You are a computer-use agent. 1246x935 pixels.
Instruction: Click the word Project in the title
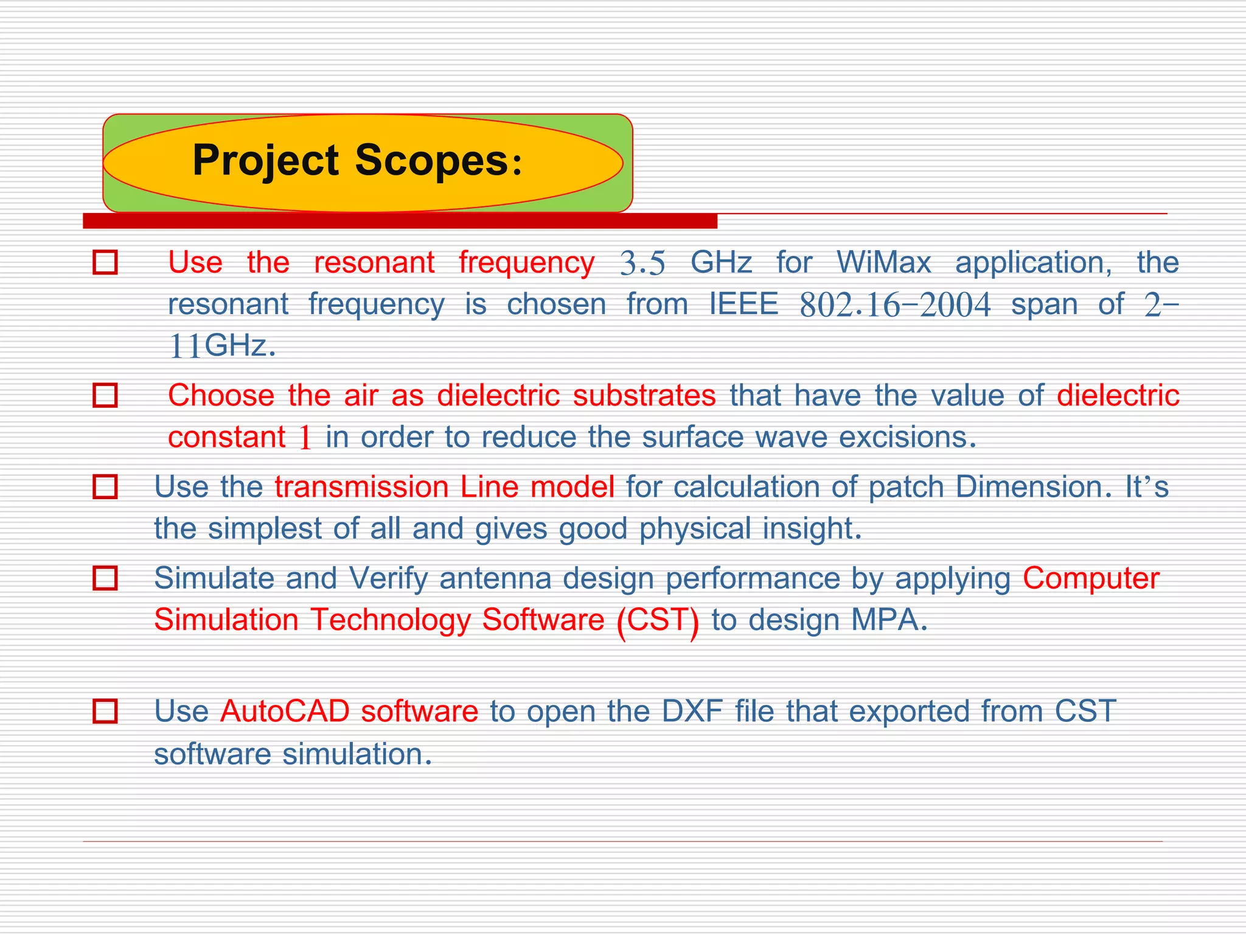click(x=265, y=161)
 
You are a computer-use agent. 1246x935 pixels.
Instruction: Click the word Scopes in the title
click(x=431, y=161)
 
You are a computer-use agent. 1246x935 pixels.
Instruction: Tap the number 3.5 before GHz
click(x=642, y=264)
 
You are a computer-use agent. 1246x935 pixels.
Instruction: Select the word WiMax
click(x=883, y=262)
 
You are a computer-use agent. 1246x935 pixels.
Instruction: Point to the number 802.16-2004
click(x=895, y=304)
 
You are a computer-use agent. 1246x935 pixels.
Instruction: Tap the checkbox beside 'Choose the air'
click(x=105, y=395)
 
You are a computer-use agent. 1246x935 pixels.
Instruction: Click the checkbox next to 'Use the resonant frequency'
click(x=105, y=262)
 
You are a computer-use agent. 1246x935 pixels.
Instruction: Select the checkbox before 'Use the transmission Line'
click(x=105, y=487)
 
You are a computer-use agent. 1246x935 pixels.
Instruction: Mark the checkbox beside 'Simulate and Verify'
click(x=105, y=578)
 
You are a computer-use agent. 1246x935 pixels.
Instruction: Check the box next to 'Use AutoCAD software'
click(x=105, y=711)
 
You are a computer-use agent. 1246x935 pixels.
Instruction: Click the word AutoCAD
click(x=285, y=711)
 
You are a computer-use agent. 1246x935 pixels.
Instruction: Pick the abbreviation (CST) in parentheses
click(x=657, y=620)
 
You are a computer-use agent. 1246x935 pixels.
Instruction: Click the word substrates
click(x=644, y=396)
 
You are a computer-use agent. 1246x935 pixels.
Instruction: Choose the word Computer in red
click(x=1091, y=578)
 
